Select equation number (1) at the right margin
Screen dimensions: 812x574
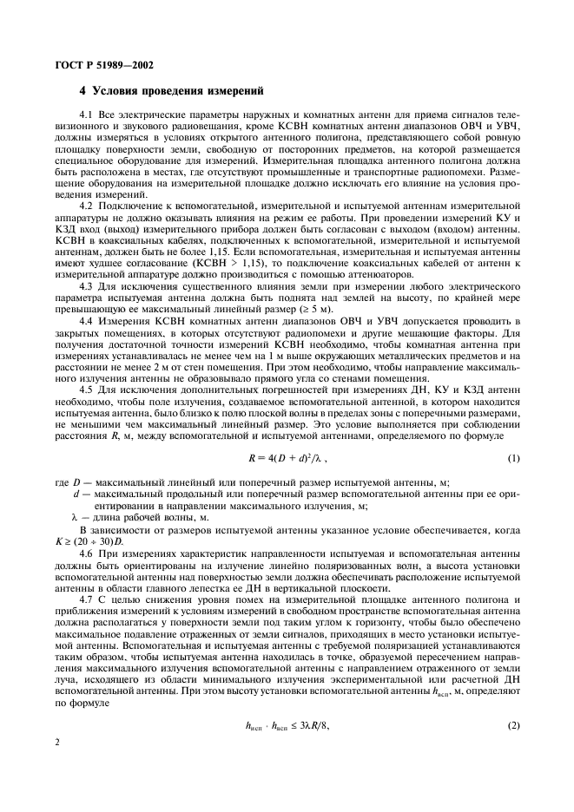pos(513,456)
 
